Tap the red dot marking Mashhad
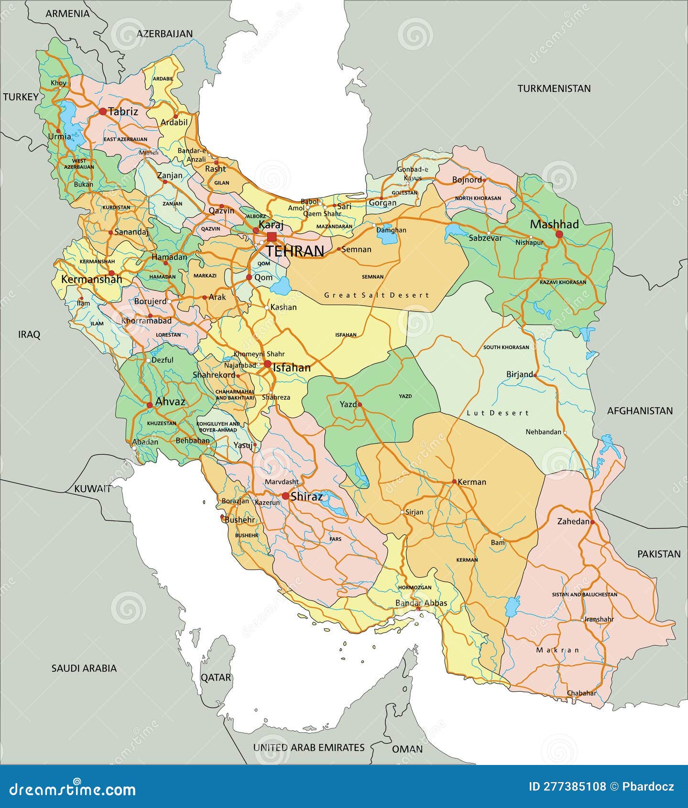[559, 234]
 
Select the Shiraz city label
[306, 496]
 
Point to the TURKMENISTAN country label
[554, 88]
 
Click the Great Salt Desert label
[376, 295]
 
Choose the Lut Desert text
[497, 413]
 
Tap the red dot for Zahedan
[592, 522]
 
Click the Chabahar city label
[581, 693]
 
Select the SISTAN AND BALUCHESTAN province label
[584, 594]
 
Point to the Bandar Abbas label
[421, 603]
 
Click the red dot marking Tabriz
[103, 111]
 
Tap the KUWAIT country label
[93, 489]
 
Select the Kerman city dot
[454, 482]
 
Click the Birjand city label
[519, 374]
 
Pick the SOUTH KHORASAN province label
[506, 347]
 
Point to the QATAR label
[216, 677]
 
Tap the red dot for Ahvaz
[150, 405]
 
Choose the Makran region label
[557, 650]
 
